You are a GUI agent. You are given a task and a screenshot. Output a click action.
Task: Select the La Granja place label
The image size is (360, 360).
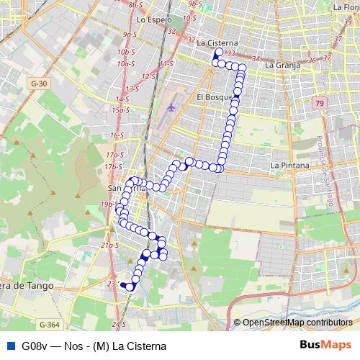click(280, 65)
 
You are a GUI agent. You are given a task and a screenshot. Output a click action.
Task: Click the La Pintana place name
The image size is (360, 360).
click(289, 165)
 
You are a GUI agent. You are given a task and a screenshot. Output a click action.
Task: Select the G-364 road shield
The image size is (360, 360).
click(49, 324)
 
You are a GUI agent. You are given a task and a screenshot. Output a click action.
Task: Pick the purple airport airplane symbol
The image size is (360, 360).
click(171, 107)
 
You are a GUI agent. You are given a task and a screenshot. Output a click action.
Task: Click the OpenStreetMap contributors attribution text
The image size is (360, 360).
click(297, 323)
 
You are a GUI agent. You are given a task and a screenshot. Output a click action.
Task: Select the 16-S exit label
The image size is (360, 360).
click(117, 135)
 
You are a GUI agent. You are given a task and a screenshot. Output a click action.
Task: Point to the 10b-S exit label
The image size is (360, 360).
click(127, 53)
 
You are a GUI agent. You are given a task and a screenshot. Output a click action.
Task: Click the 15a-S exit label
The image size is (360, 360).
click(120, 110)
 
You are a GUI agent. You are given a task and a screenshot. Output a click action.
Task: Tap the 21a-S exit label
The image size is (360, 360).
click(109, 246)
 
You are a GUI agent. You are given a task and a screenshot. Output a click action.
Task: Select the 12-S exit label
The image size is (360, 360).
click(149, 76)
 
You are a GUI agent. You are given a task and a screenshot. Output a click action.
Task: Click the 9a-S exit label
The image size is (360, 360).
click(130, 34)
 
